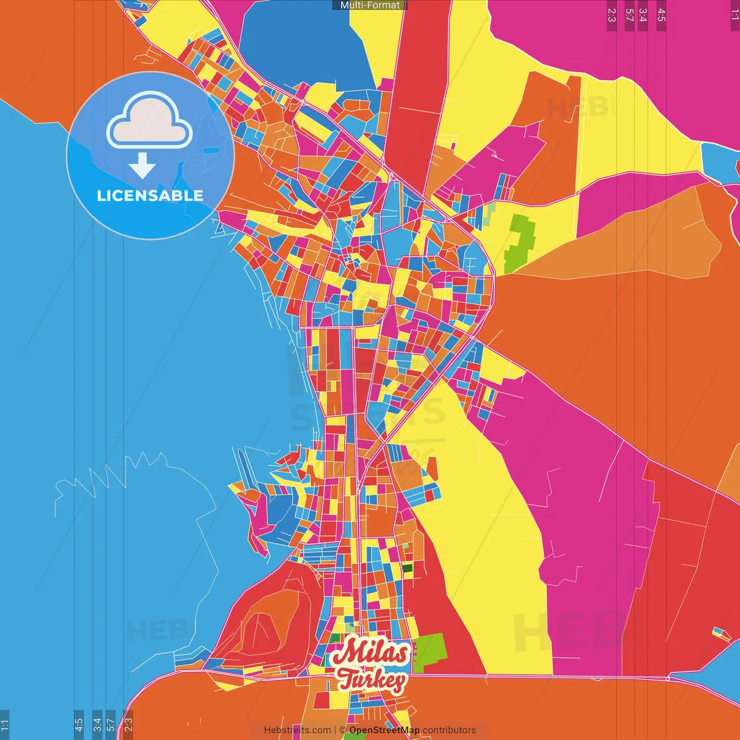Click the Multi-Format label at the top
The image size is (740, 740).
[370, 5]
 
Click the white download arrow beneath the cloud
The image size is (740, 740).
[142, 166]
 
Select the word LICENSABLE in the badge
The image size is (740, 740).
[150, 196]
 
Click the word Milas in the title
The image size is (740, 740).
[370, 653]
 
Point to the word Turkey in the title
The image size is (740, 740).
[371, 680]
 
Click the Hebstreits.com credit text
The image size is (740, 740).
[297, 730]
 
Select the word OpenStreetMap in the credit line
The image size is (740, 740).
[384, 730]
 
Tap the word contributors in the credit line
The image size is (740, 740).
[449, 730]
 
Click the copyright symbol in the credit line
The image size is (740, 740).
[342, 730]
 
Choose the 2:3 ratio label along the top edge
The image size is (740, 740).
[612, 15]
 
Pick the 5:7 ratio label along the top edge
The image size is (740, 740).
[629, 15]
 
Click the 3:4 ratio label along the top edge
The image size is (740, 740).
[642, 15]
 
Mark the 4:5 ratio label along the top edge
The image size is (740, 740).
[661, 15]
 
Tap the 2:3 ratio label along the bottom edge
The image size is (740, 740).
[128, 724]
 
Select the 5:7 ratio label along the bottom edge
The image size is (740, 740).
[110, 724]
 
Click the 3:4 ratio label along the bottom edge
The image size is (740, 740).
[97, 724]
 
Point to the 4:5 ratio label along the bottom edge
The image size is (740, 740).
[79, 724]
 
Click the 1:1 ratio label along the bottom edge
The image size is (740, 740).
[5, 724]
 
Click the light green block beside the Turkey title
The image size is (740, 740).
[430, 653]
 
